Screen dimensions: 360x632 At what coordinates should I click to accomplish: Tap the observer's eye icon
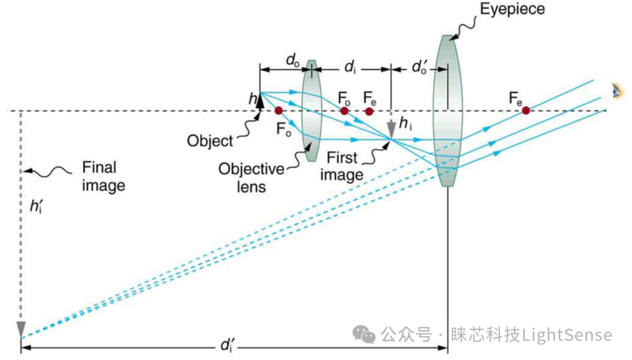click(615, 90)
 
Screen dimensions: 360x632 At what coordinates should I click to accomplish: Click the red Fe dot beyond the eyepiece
click(526, 110)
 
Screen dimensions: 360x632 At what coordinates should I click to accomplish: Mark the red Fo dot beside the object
click(279, 110)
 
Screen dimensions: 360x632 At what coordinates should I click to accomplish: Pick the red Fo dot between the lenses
click(345, 111)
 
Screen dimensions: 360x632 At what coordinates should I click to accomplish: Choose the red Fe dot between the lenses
click(369, 111)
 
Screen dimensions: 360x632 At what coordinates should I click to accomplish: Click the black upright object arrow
click(260, 101)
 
